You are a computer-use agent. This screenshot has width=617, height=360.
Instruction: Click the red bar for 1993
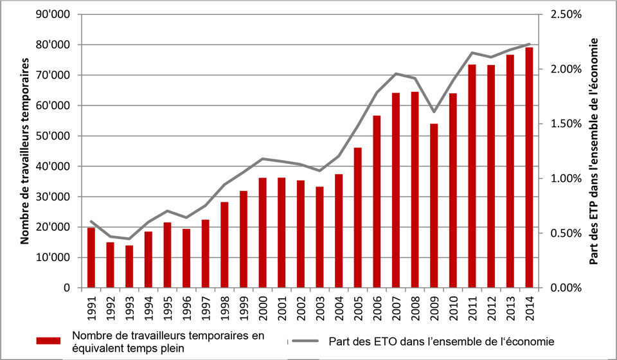coord(129,266)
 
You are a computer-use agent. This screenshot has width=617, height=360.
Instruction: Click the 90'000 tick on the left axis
coord(54,14)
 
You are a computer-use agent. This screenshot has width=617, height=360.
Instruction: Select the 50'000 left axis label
coord(54,136)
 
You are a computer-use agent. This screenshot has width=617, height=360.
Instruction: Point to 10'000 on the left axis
coord(54,258)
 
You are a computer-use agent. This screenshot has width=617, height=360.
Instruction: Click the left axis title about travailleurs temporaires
coord(26,151)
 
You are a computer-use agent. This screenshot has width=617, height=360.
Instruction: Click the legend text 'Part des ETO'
coord(437,341)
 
